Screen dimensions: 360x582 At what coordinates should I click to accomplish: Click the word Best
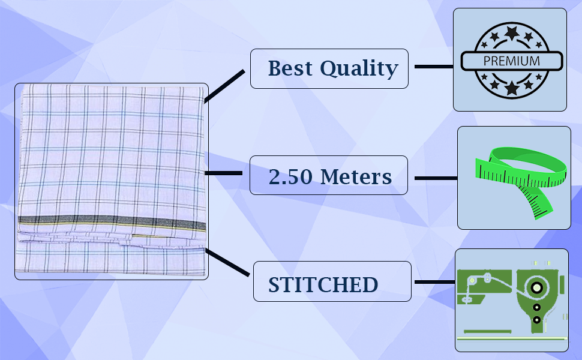[290, 68]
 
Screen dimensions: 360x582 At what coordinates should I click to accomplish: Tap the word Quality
[359, 69]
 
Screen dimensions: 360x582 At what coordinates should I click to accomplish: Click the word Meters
[356, 177]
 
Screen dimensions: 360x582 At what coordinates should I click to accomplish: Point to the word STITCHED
[323, 285]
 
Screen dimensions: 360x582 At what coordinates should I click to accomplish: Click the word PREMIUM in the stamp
[511, 61]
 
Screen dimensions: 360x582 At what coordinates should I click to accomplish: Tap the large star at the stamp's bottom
[511, 89]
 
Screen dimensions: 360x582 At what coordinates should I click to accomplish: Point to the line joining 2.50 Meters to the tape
[436, 178]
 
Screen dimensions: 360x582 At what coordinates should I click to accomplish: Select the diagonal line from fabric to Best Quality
[224, 86]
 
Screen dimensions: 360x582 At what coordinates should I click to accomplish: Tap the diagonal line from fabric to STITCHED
[228, 262]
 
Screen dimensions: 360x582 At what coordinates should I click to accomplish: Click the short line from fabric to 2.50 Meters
[223, 173]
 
